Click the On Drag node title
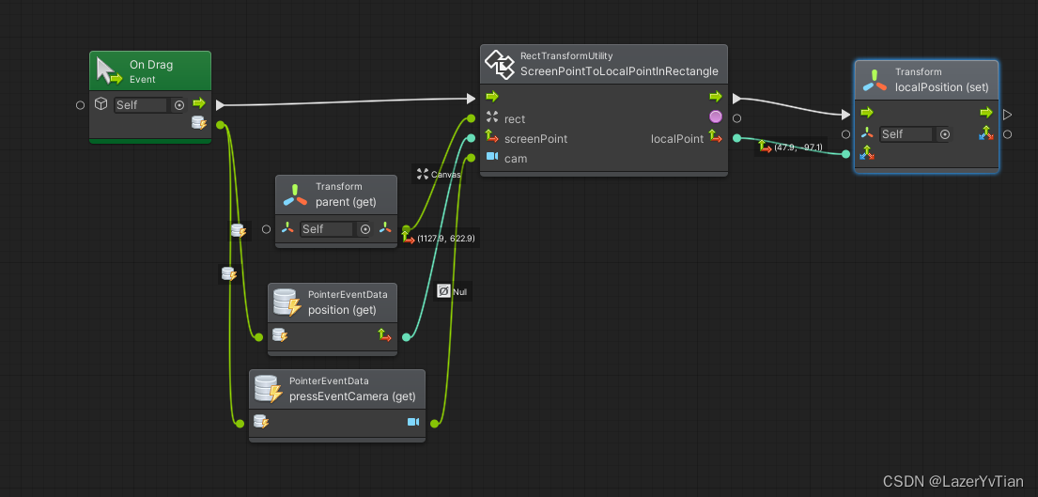(151, 65)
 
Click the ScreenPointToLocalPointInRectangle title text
(619, 71)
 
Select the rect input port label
(515, 119)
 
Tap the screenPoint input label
(535, 139)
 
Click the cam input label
(516, 159)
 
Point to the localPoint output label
(676, 139)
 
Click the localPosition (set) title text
(941, 87)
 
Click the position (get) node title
(342, 310)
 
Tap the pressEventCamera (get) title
(352, 396)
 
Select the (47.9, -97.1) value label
(798, 148)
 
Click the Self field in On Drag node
(140, 105)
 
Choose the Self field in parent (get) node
(326, 229)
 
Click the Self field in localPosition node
(906, 134)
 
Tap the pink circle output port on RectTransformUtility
(716, 116)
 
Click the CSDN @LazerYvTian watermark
(954, 481)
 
